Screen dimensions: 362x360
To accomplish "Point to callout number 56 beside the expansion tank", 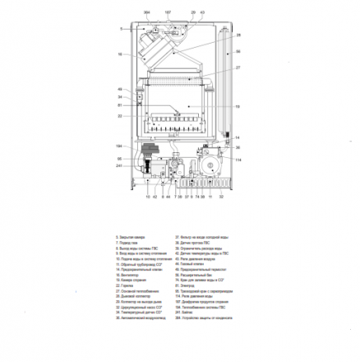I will click(x=238, y=52).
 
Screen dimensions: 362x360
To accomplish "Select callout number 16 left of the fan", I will click(x=120, y=54).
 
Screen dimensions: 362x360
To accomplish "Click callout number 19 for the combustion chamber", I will click(x=238, y=106).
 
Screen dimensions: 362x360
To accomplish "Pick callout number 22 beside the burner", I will click(x=120, y=115).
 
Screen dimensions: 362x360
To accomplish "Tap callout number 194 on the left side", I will click(x=119, y=145).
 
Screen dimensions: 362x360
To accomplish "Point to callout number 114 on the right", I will click(x=238, y=160).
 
